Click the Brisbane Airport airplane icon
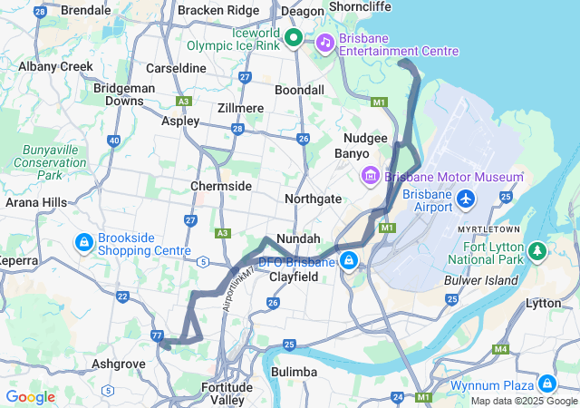467,198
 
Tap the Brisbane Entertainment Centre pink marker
324,42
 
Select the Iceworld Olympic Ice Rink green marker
294,37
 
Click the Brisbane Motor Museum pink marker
370,174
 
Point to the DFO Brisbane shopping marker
349,262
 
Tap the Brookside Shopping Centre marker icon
83,242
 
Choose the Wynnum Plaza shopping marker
546,383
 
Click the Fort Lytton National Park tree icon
536,248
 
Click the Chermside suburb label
220,186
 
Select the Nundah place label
297,238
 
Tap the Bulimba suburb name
295,372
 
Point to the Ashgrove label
119,364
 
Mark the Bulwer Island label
480,280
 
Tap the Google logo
31,397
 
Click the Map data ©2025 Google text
524,401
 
